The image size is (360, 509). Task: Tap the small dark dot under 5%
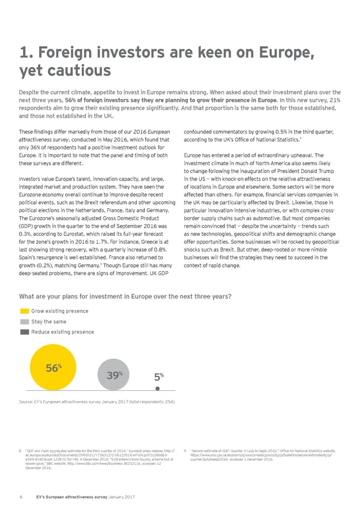point(157,388)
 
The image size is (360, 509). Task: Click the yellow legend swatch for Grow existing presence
point(25,311)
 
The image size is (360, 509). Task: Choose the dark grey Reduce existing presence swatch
point(25,331)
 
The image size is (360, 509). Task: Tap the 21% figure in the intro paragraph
point(333,100)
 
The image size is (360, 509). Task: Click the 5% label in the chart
point(156,377)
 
